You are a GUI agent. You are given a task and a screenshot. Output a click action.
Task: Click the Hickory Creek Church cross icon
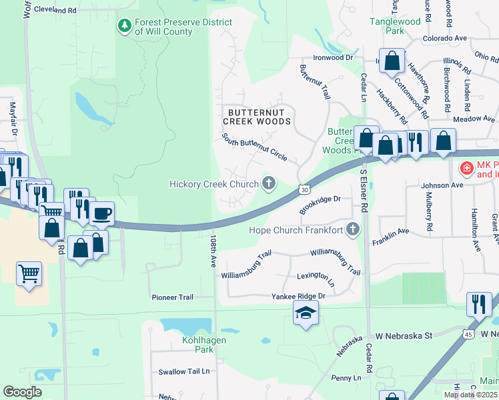pos(269,183)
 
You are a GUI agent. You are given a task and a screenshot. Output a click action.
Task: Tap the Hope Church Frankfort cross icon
pos(352,231)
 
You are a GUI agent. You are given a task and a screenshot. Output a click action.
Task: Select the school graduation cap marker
pos(306,313)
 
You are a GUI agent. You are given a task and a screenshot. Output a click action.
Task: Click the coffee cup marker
pos(101,213)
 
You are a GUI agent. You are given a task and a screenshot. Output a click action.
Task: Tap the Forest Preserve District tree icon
pos(124,25)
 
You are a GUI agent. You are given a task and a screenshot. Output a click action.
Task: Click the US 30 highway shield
pos(304,191)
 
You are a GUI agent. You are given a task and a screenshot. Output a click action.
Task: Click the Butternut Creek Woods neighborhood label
pos(257,117)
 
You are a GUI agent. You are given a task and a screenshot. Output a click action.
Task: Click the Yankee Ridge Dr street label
pos(298,295)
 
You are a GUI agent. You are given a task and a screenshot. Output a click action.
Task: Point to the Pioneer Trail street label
pos(172,297)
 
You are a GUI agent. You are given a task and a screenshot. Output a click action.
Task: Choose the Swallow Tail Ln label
pos(184,371)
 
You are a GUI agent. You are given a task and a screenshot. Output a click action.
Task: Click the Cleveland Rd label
pos(63,11)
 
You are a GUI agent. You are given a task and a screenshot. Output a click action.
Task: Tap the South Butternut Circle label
pos(254,148)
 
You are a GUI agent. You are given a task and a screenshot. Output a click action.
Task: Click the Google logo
pos(22,392)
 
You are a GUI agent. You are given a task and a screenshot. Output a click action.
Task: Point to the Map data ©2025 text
pos(470,395)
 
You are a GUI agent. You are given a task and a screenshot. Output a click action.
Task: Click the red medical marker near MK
pos(466,168)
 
